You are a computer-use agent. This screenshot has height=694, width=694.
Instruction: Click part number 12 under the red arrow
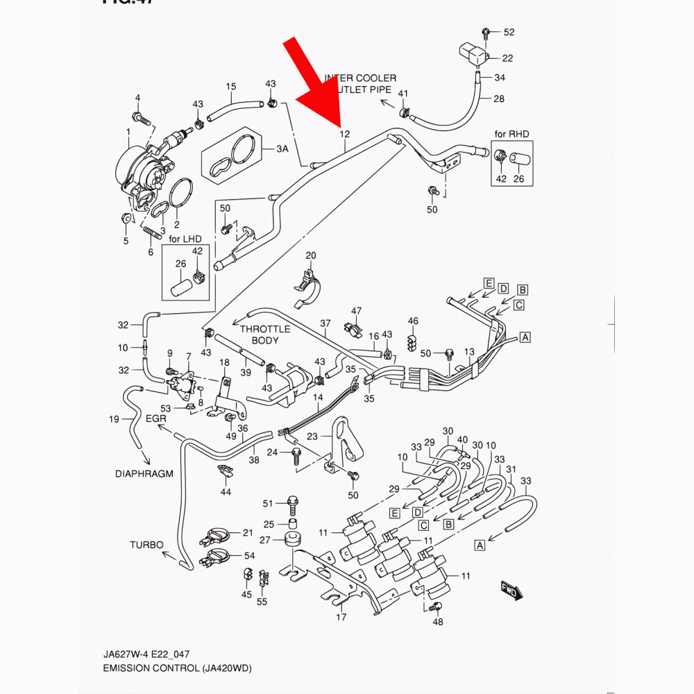click(344, 134)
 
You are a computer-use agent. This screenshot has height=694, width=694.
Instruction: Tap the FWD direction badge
click(511, 591)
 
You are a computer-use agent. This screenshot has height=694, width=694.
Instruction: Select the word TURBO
click(146, 545)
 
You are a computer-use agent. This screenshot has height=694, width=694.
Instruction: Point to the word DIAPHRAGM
click(144, 474)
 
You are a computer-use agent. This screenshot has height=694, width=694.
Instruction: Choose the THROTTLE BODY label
click(261, 335)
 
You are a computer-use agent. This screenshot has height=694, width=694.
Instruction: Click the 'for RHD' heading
click(511, 133)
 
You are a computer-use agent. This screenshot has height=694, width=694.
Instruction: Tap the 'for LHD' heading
click(185, 239)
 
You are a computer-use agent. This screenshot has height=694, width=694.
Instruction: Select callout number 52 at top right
click(509, 33)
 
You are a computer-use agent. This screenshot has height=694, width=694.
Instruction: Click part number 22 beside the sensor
click(507, 58)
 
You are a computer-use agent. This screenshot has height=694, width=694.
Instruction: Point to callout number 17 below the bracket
click(341, 616)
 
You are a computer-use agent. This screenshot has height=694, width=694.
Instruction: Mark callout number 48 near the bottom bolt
click(437, 622)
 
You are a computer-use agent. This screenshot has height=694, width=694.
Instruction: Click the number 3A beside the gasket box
click(282, 149)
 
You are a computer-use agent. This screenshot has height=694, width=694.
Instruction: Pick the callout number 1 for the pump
click(128, 132)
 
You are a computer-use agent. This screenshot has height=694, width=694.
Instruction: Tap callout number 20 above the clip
click(310, 255)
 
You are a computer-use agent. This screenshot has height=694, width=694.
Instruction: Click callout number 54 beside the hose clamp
click(249, 557)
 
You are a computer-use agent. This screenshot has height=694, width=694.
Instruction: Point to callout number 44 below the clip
click(226, 491)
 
